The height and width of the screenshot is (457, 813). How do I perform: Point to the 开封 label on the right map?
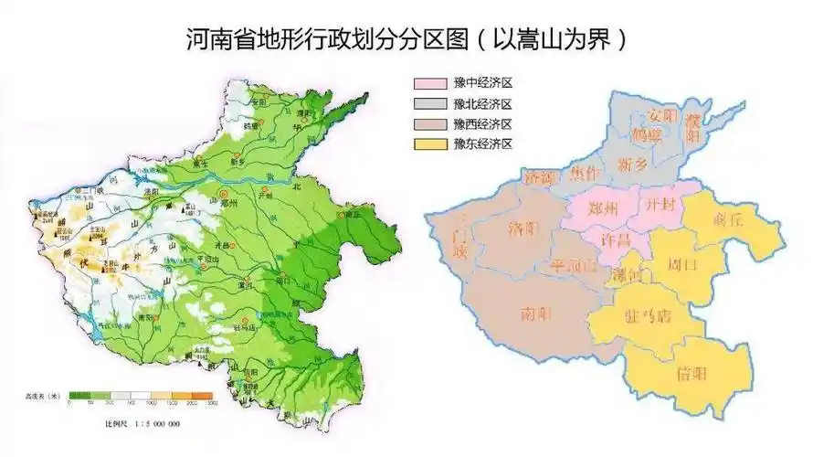coord(658,205)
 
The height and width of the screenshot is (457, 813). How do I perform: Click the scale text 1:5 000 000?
coord(153,425)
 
